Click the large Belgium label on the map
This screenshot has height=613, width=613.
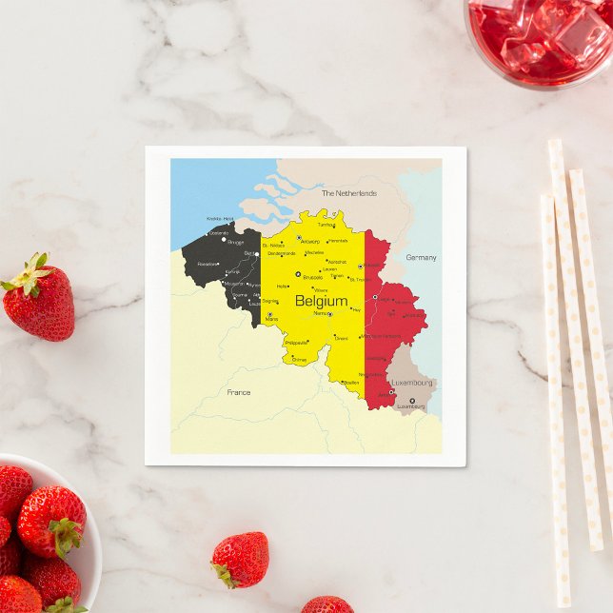pos(321,302)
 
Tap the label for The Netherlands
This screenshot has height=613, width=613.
pos(348,193)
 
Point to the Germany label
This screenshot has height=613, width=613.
pos(421,258)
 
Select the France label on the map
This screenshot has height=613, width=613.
pos(239,392)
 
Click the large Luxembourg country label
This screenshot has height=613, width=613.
pos(411,383)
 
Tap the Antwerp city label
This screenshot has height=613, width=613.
pos(310,242)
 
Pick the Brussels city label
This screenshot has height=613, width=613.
pos(312,278)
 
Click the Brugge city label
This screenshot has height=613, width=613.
pos(235,242)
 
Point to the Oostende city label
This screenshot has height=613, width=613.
pos(218,232)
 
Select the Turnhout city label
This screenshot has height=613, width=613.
pos(326,226)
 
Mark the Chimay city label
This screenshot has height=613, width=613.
pos(299,360)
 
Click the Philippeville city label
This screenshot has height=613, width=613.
pos(296,343)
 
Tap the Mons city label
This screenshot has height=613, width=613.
pos(272,319)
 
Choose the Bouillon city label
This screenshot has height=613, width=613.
pos(351,383)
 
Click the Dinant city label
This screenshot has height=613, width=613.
pos(341,338)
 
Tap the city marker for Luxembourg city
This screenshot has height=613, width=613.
pos(412,401)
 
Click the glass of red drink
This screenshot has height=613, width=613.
pos(539,38)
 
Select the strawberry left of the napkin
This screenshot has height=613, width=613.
pos(37,297)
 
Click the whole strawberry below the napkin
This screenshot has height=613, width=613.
pos(240,560)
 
